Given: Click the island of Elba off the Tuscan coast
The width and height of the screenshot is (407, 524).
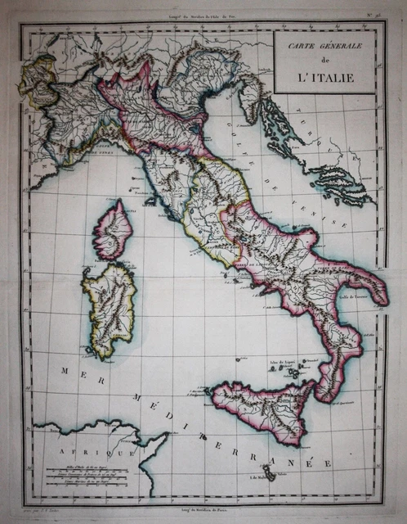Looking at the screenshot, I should (146, 193).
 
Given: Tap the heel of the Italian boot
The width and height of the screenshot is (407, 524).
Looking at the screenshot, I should (378, 299).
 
